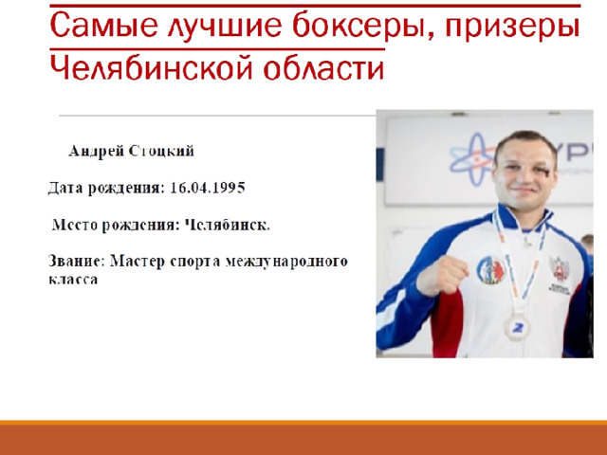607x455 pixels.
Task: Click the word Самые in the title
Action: pyautogui.click(x=104, y=26)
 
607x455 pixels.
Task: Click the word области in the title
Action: pyautogui.click(x=323, y=67)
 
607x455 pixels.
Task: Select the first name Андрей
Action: pyautogui.click(x=96, y=152)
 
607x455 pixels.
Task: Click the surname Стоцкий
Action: pyautogui.click(x=161, y=152)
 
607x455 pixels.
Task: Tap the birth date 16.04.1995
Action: pyautogui.click(x=208, y=188)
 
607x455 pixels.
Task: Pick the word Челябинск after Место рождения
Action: pyautogui.click(x=227, y=225)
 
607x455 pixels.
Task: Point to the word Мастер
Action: pyautogui.click(x=138, y=262)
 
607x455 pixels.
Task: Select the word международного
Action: pyautogui.click(x=286, y=262)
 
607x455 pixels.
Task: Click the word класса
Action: pyautogui.click(x=73, y=280)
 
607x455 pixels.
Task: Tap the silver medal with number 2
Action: pyautogui.click(x=516, y=327)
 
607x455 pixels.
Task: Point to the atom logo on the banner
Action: pyautogui.click(x=472, y=158)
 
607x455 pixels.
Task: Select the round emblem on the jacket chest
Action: pyautogui.click(x=491, y=269)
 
